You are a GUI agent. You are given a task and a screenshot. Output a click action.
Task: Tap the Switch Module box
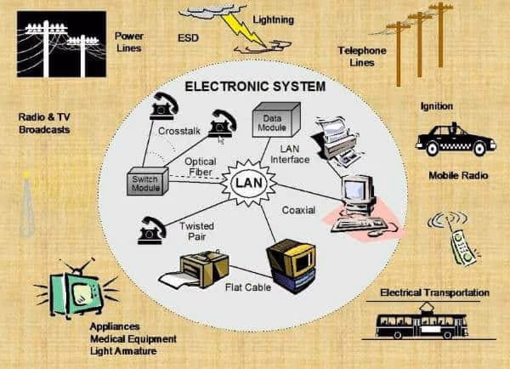pyautogui.click(x=150, y=181)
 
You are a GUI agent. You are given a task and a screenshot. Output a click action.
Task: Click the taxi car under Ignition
pyautogui.click(x=456, y=140)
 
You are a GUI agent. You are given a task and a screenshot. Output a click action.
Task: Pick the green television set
pyautogui.click(x=79, y=290)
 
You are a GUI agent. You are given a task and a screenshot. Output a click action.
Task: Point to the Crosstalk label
pyautogui.click(x=178, y=131)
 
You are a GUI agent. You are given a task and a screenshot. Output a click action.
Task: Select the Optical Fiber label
pyautogui.click(x=201, y=167)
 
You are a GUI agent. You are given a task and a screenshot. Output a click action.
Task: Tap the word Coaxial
pyautogui.click(x=299, y=208)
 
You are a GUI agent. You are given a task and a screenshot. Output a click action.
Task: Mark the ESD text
pyautogui.click(x=190, y=38)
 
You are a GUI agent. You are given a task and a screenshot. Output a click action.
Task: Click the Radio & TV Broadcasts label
pyautogui.click(x=44, y=123)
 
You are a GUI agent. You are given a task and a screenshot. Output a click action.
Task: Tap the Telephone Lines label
pyautogui.click(x=362, y=55)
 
